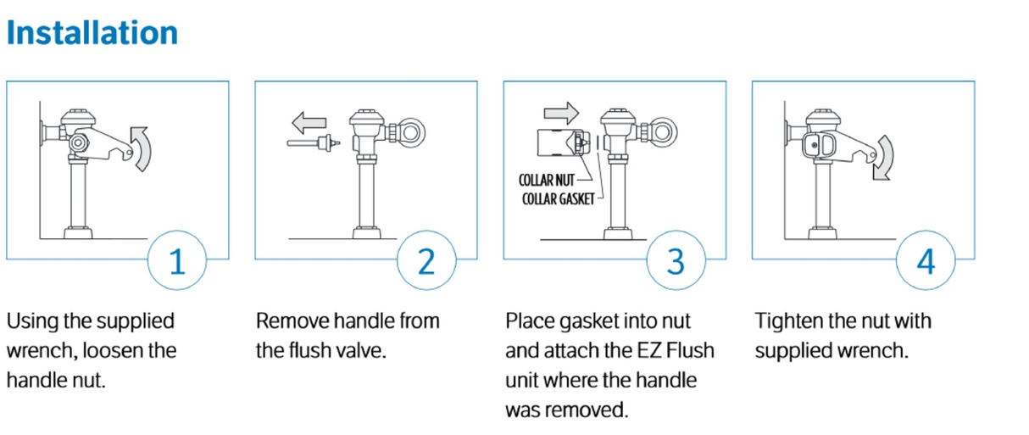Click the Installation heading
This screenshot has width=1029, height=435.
(92, 33)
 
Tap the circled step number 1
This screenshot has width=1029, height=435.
(177, 261)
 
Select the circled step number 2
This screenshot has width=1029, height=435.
(426, 261)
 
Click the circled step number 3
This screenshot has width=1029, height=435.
(675, 261)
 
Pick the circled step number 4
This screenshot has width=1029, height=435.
(925, 261)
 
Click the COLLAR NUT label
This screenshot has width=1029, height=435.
(547, 181)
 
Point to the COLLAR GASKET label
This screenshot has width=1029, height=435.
(557, 198)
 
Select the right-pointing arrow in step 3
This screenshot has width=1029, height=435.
(560, 112)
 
